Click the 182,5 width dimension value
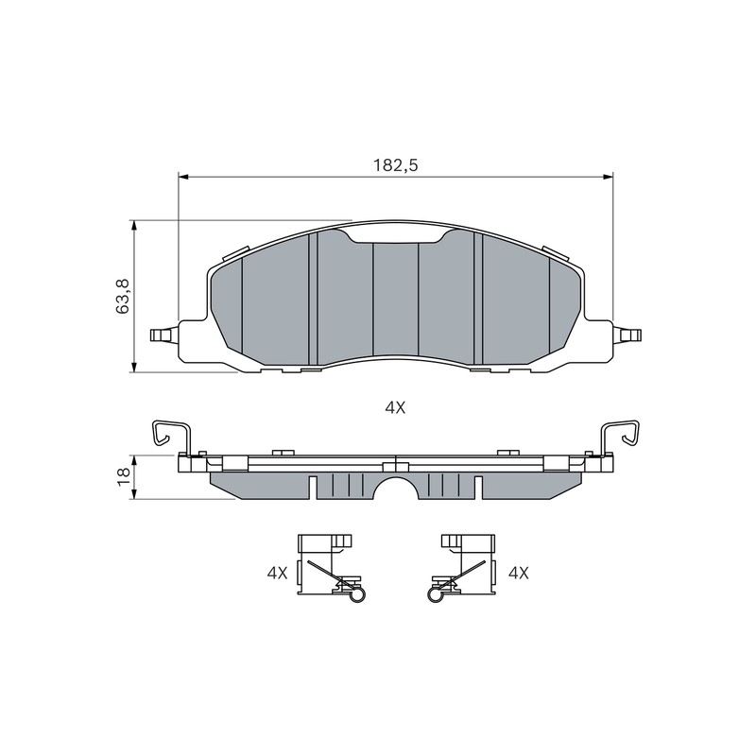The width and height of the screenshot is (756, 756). pos(395,165)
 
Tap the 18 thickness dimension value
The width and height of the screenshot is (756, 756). pos(124,476)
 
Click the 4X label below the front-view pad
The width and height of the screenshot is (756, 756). pos(395,408)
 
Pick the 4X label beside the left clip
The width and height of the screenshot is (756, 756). pos(277,573)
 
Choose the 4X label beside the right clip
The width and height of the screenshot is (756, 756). pos(519,573)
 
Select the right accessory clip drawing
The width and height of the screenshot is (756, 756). pos(461,568)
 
